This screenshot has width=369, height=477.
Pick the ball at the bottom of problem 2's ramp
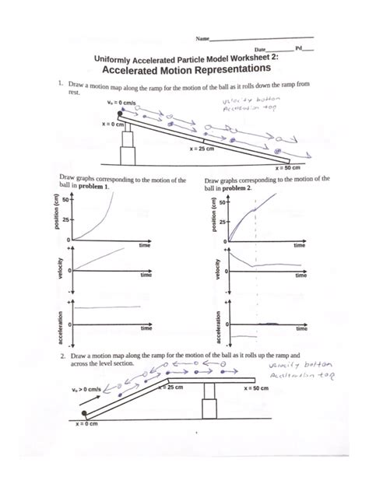83,413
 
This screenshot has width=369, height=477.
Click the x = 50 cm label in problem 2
261,387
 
